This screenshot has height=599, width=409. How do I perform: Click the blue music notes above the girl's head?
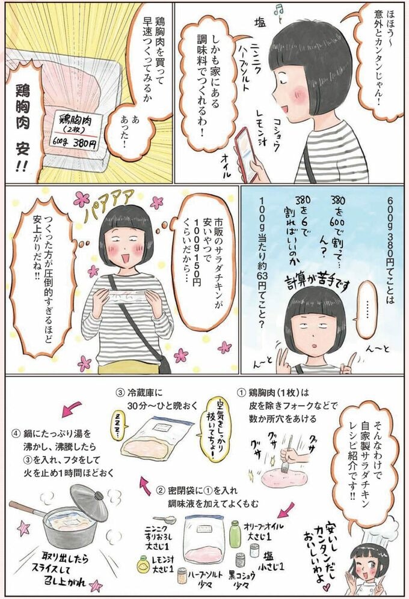(278, 14)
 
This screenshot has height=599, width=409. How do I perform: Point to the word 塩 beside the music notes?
(260, 23)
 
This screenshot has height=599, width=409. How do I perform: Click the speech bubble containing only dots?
(366, 309)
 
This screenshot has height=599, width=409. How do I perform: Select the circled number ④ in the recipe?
(16, 434)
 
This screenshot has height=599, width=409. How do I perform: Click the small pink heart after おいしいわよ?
(325, 585)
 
